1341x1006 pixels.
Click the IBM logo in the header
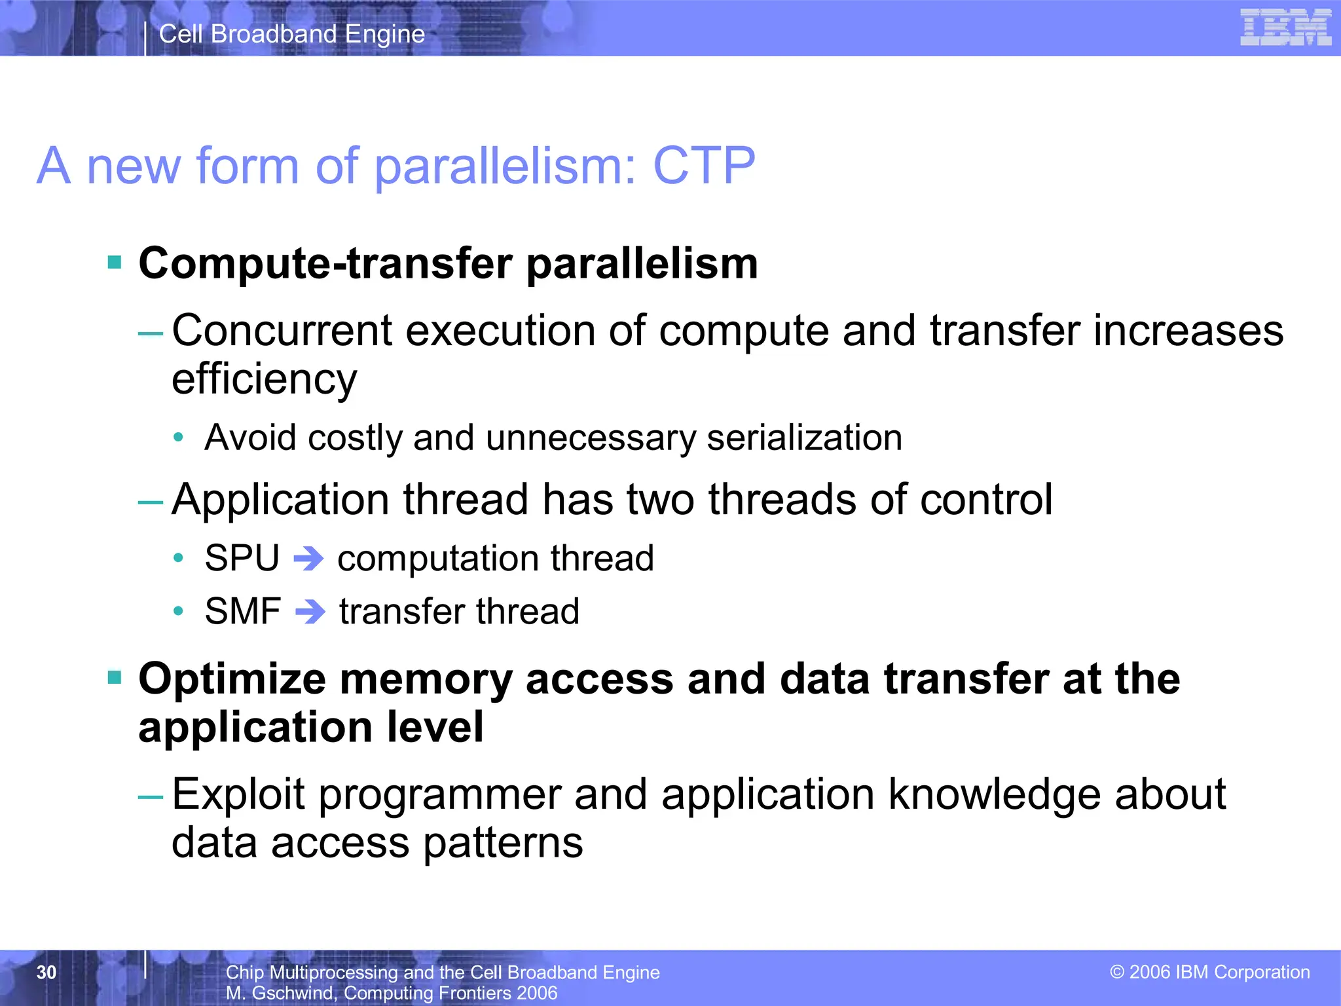click(1285, 28)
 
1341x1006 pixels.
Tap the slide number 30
click(46, 973)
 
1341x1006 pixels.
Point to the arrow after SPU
click(308, 559)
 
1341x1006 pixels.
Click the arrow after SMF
click(310, 612)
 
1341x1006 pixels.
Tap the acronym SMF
click(243, 612)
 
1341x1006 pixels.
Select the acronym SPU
click(242, 559)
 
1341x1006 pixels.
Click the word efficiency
click(265, 379)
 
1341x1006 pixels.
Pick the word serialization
click(804, 438)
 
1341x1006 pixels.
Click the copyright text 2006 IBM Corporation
click(1210, 972)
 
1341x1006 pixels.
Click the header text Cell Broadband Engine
click(292, 34)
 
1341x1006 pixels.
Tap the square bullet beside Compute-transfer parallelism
click(115, 263)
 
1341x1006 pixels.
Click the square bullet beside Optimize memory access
click(115, 677)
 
